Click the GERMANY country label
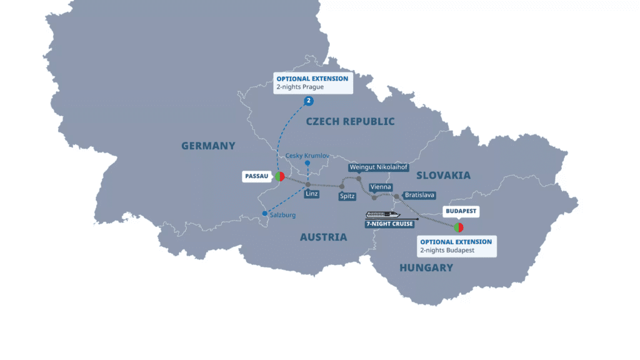[208, 146]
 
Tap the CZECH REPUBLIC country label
[350, 121]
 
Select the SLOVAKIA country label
[443, 175]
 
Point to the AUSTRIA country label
[323, 237]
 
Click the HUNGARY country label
[426, 267]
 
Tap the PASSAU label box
[256, 177]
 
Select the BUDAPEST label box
[462, 211]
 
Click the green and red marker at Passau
[280, 176]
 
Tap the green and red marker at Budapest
[458, 227]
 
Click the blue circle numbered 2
[309, 101]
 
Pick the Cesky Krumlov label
[307, 155]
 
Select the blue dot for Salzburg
[265, 214]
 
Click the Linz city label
[311, 194]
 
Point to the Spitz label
[347, 196]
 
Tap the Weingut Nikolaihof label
[379, 167]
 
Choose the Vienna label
[381, 187]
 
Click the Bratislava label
[419, 196]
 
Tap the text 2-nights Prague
[300, 87]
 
